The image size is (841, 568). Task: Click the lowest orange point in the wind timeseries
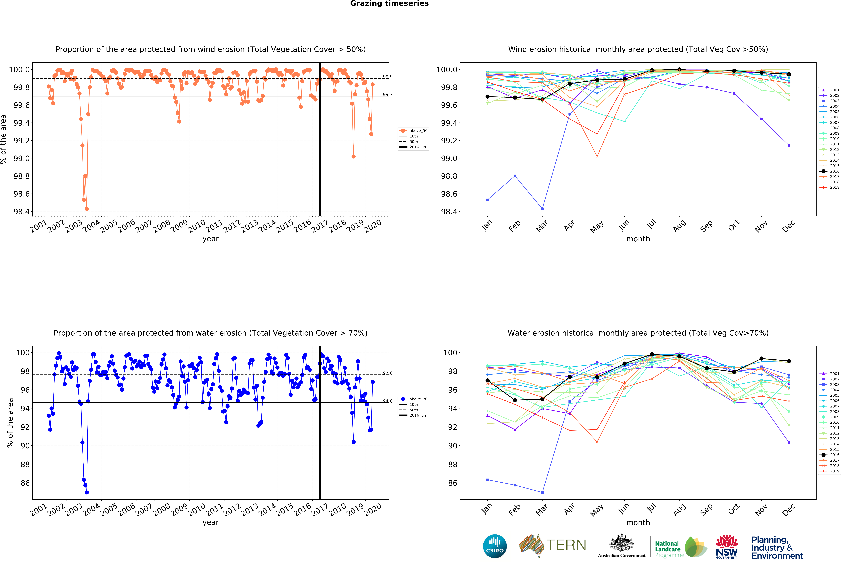tap(86, 209)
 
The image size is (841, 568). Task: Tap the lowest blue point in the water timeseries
tap(86, 492)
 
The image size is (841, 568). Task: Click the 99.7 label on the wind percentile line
tap(388, 94)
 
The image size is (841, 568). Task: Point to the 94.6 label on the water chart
tap(388, 401)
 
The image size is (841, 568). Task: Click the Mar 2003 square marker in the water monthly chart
tap(542, 492)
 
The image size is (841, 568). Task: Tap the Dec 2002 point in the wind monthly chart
tap(789, 145)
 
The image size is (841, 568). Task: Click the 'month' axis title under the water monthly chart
tap(638, 522)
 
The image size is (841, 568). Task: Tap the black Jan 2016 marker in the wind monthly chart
tap(487, 97)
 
